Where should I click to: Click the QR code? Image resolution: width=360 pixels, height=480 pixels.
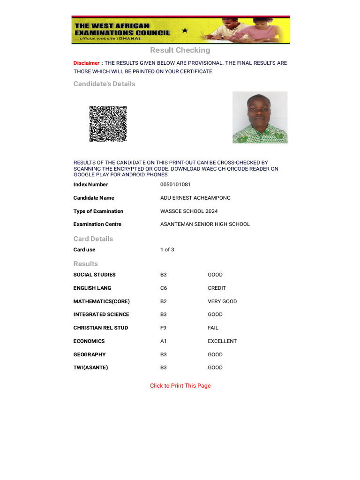click(108, 124)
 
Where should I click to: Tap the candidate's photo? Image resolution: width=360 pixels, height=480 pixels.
click(260, 117)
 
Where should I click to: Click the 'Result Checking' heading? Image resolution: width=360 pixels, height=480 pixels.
click(180, 50)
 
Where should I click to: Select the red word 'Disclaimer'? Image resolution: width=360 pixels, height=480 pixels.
click(86, 63)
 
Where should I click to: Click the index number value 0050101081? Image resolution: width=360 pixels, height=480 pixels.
click(175, 185)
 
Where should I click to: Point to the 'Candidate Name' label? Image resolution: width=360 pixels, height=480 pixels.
click(94, 198)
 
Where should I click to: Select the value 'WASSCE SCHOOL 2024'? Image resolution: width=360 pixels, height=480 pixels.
click(189, 211)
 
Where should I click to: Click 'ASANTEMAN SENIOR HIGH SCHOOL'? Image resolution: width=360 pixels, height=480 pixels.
click(205, 225)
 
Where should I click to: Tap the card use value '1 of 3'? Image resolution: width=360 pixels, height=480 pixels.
click(167, 250)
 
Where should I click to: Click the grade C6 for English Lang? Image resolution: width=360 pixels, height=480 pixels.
click(164, 288)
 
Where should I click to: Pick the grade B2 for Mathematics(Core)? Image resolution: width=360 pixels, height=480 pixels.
click(164, 301)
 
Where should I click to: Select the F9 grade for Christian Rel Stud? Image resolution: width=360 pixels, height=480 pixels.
click(164, 328)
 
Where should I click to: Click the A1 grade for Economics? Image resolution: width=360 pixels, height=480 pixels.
click(164, 341)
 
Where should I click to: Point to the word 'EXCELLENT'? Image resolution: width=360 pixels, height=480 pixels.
click(222, 341)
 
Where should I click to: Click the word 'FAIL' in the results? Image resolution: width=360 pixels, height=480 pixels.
click(213, 328)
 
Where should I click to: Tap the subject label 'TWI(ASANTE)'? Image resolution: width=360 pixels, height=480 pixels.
click(90, 368)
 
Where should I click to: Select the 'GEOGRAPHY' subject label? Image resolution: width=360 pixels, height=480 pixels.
click(90, 355)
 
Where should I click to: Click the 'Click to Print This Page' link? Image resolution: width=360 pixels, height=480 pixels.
click(180, 386)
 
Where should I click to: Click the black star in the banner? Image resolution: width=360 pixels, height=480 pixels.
click(185, 30)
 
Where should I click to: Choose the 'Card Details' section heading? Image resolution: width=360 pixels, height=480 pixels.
click(93, 239)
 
